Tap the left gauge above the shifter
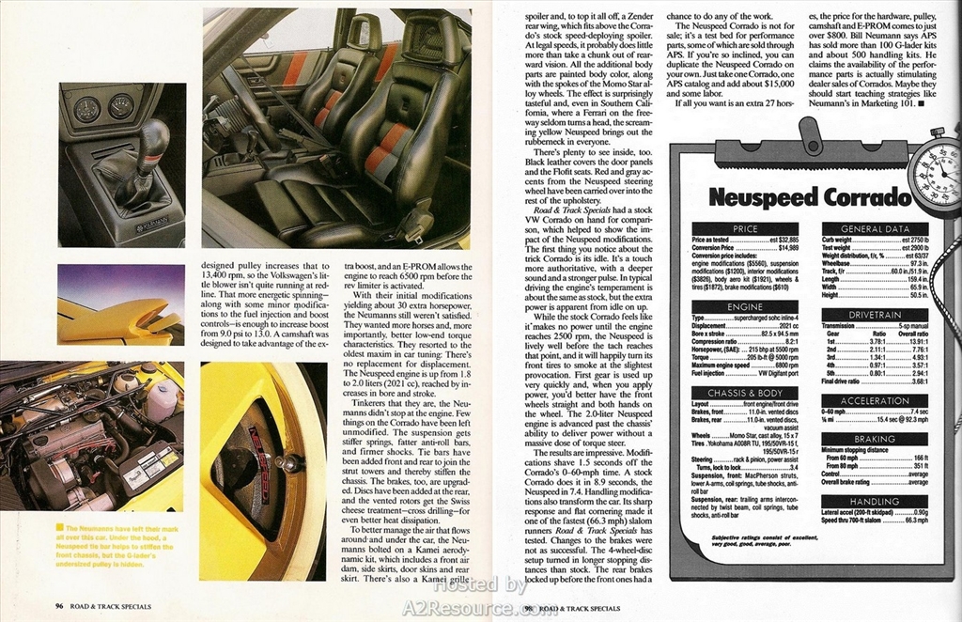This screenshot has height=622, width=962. [87, 110]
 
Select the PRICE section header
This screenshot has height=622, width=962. [745, 228]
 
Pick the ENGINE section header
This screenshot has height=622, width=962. [745, 306]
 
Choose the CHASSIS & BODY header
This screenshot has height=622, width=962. [745, 392]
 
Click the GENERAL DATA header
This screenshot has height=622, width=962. [875, 228]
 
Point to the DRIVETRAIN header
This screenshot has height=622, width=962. [875, 315]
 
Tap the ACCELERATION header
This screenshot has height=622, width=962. [875, 401]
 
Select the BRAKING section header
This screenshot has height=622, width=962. [875, 439]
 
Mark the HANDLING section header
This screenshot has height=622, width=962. [875, 502]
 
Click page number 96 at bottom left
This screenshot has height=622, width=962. [58, 606]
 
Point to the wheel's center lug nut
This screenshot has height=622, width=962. [293, 462]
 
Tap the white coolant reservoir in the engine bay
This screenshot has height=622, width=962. [163, 400]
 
